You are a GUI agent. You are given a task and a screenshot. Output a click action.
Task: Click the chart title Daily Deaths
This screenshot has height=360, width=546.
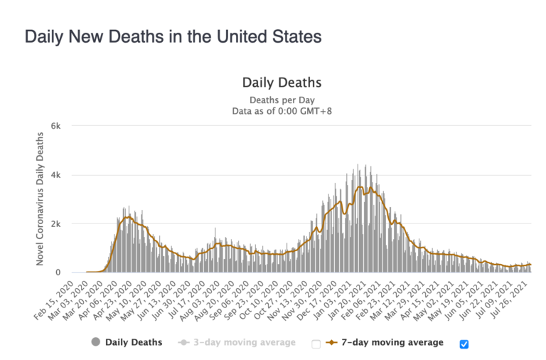tap(282, 83)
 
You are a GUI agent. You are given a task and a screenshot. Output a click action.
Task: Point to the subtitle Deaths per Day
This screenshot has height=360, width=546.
tap(282, 100)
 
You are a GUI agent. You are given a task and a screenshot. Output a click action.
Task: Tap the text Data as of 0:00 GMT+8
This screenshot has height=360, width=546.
tap(282, 112)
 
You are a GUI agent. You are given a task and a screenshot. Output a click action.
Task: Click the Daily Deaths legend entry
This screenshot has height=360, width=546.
tap(134, 342)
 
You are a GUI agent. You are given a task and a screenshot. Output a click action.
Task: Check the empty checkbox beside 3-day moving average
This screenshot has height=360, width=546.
tap(316, 344)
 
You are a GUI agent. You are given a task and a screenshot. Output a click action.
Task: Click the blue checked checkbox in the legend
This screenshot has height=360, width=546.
tap(464, 344)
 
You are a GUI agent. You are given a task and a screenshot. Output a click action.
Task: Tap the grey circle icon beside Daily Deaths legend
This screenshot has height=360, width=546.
tap(95, 342)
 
